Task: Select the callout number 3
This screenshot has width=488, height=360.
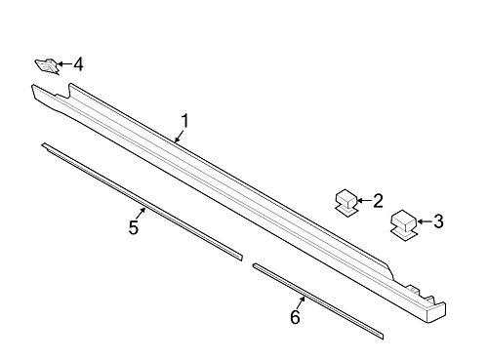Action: point(438,222)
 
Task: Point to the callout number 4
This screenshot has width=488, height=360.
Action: point(77,65)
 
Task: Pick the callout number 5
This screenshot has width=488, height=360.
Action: point(134,227)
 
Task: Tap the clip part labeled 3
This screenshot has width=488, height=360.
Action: point(402,222)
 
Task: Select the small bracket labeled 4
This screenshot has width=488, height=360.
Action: point(45,65)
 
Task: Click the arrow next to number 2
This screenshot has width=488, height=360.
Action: point(364,201)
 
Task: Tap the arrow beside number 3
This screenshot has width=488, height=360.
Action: point(422,222)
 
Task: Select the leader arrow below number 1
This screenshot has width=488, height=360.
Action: point(179,138)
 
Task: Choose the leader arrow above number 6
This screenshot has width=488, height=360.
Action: point(303,299)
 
